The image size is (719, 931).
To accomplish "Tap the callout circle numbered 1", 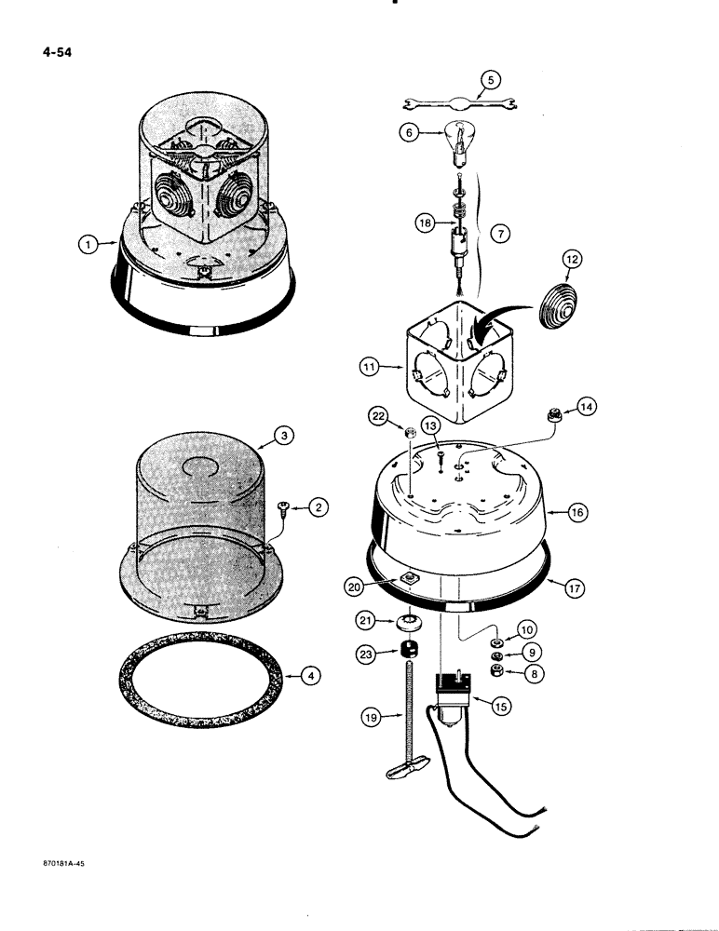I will [x=87, y=245].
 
